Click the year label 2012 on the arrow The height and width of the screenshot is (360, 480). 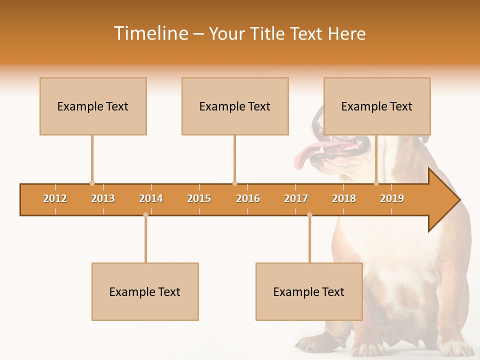(x=55, y=198)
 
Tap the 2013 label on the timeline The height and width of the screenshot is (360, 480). (x=103, y=198)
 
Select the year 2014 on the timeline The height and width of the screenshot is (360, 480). (x=151, y=198)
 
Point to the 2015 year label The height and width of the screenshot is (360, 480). (x=199, y=198)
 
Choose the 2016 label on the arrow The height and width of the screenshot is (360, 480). (x=248, y=198)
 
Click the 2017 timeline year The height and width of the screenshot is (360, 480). (x=296, y=198)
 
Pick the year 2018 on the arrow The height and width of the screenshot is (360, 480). (x=344, y=198)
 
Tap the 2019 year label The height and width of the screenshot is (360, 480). (x=392, y=198)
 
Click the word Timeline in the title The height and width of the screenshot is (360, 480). (x=150, y=33)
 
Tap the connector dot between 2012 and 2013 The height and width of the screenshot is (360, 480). (x=92, y=183)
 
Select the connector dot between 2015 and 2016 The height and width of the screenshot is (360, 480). (x=234, y=183)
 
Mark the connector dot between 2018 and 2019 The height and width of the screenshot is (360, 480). (x=376, y=183)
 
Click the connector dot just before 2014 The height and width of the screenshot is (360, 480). (x=145, y=215)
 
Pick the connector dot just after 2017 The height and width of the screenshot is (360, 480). (x=309, y=215)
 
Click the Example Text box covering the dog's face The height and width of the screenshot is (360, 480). (x=377, y=106)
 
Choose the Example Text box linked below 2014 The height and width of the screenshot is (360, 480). (x=145, y=291)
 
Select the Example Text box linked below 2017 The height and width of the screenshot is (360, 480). (x=309, y=291)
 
